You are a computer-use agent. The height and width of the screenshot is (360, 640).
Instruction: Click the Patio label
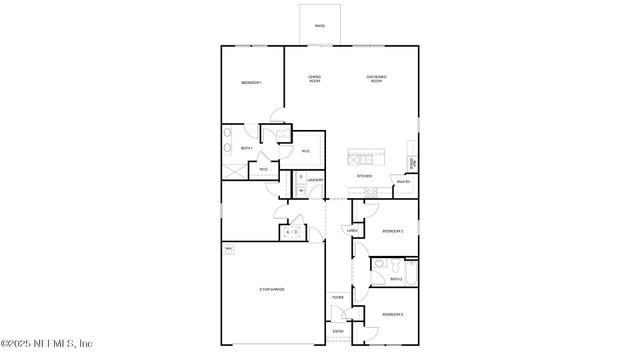tap(319, 26)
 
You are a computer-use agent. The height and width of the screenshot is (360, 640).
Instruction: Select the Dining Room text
tap(314, 78)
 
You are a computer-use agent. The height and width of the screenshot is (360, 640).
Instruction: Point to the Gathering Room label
tap(376, 78)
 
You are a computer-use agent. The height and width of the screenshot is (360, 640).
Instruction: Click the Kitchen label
tap(365, 176)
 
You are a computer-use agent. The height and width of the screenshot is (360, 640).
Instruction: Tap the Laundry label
tap(314, 181)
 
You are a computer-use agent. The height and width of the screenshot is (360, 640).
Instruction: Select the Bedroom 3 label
tap(392, 231)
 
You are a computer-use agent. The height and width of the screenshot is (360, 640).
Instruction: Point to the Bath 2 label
tap(396, 279)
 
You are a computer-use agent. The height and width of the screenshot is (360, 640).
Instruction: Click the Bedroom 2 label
tap(392, 315)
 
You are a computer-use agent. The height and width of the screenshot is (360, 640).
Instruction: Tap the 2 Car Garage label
tap(272, 289)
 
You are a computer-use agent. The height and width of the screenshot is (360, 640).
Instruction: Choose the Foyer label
tap(338, 297)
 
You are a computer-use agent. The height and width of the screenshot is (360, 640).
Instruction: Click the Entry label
tap(338, 331)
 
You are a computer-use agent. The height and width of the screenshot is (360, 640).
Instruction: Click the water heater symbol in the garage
tap(229, 248)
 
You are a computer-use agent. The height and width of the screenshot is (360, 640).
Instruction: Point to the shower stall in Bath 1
tap(234, 171)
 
